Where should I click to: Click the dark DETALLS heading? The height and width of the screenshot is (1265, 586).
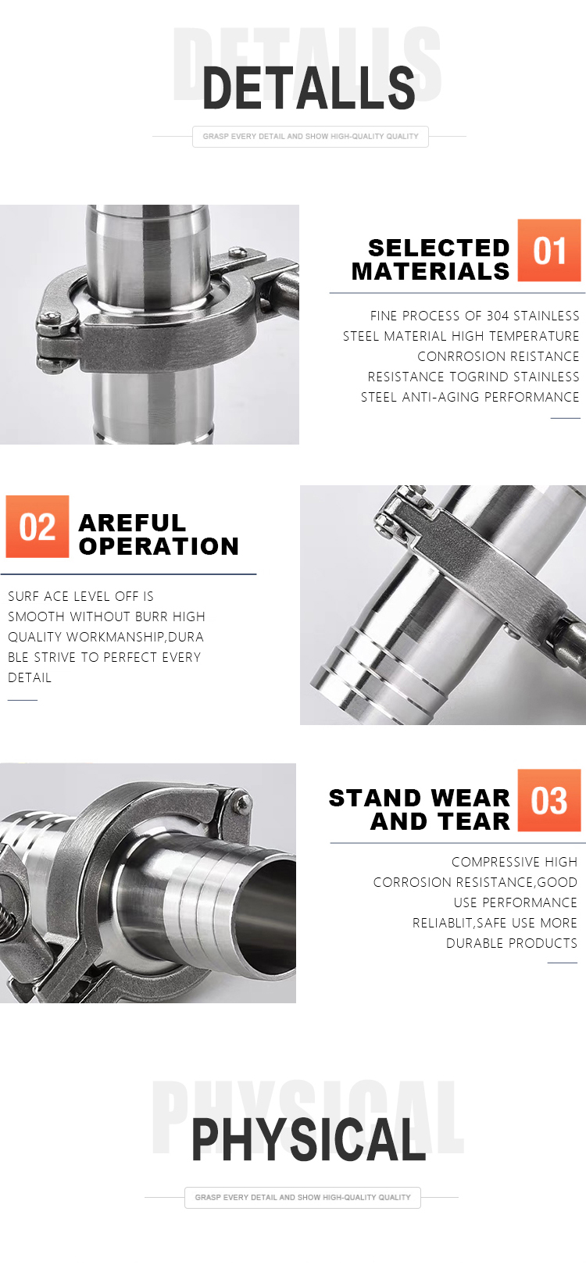(x=309, y=88)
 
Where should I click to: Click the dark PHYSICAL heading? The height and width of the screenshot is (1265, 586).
(x=309, y=1139)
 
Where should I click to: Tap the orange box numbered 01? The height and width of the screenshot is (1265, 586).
(x=549, y=250)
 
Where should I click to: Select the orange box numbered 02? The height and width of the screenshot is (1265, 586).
(x=38, y=527)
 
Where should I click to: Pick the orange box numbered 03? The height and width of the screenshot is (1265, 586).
(x=549, y=800)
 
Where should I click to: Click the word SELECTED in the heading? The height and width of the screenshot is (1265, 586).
(x=439, y=248)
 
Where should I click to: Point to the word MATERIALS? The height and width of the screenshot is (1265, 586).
(x=431, y=272)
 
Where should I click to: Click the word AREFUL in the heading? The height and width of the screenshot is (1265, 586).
(x=132, y=523)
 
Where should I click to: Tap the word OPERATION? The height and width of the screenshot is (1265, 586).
(x=159, y=547)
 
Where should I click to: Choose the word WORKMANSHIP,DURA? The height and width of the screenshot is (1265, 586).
(x=135, y=637)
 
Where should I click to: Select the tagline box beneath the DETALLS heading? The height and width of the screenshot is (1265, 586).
(x=310, y=137)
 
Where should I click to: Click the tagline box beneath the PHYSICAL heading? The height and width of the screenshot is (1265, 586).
(x=302, y=1197)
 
